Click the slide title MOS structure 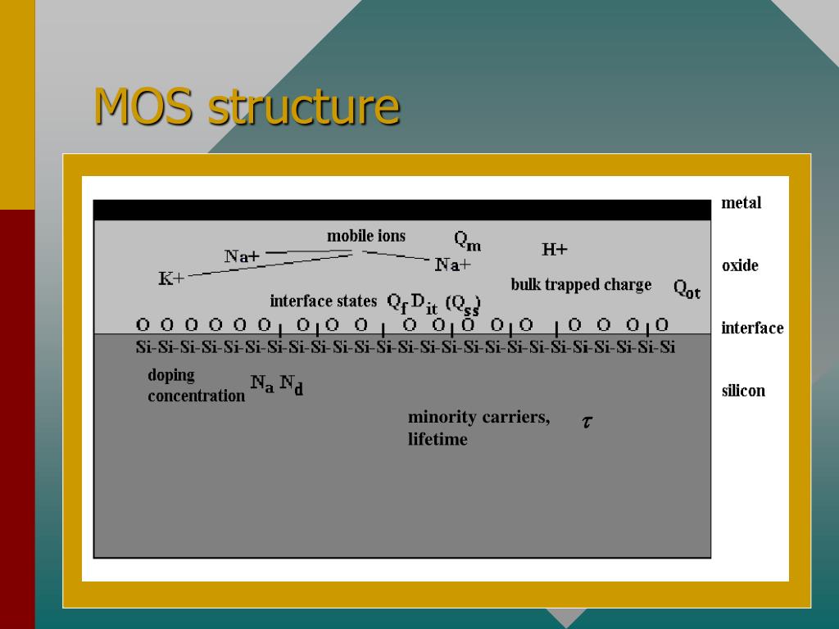pyautogui.click(x=247, y=106)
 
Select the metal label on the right pyautogui.click(x=741, y=203)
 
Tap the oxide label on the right pyautogui.click(x=740, y=265)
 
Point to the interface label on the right pyautogui.click(x=752, y=328)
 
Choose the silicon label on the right pyautogui.click(x=743, y=391)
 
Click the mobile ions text pyautogui.click(x=366, y=237)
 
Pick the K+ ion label pyautogui.click(x=171, y=279)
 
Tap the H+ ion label pyautogui.click(x=555, y=250)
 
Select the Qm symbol pyautogui.click(x=468, y=241)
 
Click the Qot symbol pyautogui.click(x=687, y=289)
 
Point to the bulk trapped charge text pyautogui.click(x=581, y=285)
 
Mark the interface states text pyautogui.click(x=323, y=301)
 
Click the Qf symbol pyautogui.click(x=397, y=303)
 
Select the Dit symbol pyautogui.click(x=424, y=303)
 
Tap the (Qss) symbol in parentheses pyautogui.click(x=463, y=304)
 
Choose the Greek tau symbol pyautogui.click(x=587, y=423)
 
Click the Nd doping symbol pyautogui.click(x=291, y=384)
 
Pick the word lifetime pyautogui.click(x=438, y=440)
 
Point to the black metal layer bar pyautogui.click(x=401, y=210)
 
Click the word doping pyautogui.click(x=171, y=375)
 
